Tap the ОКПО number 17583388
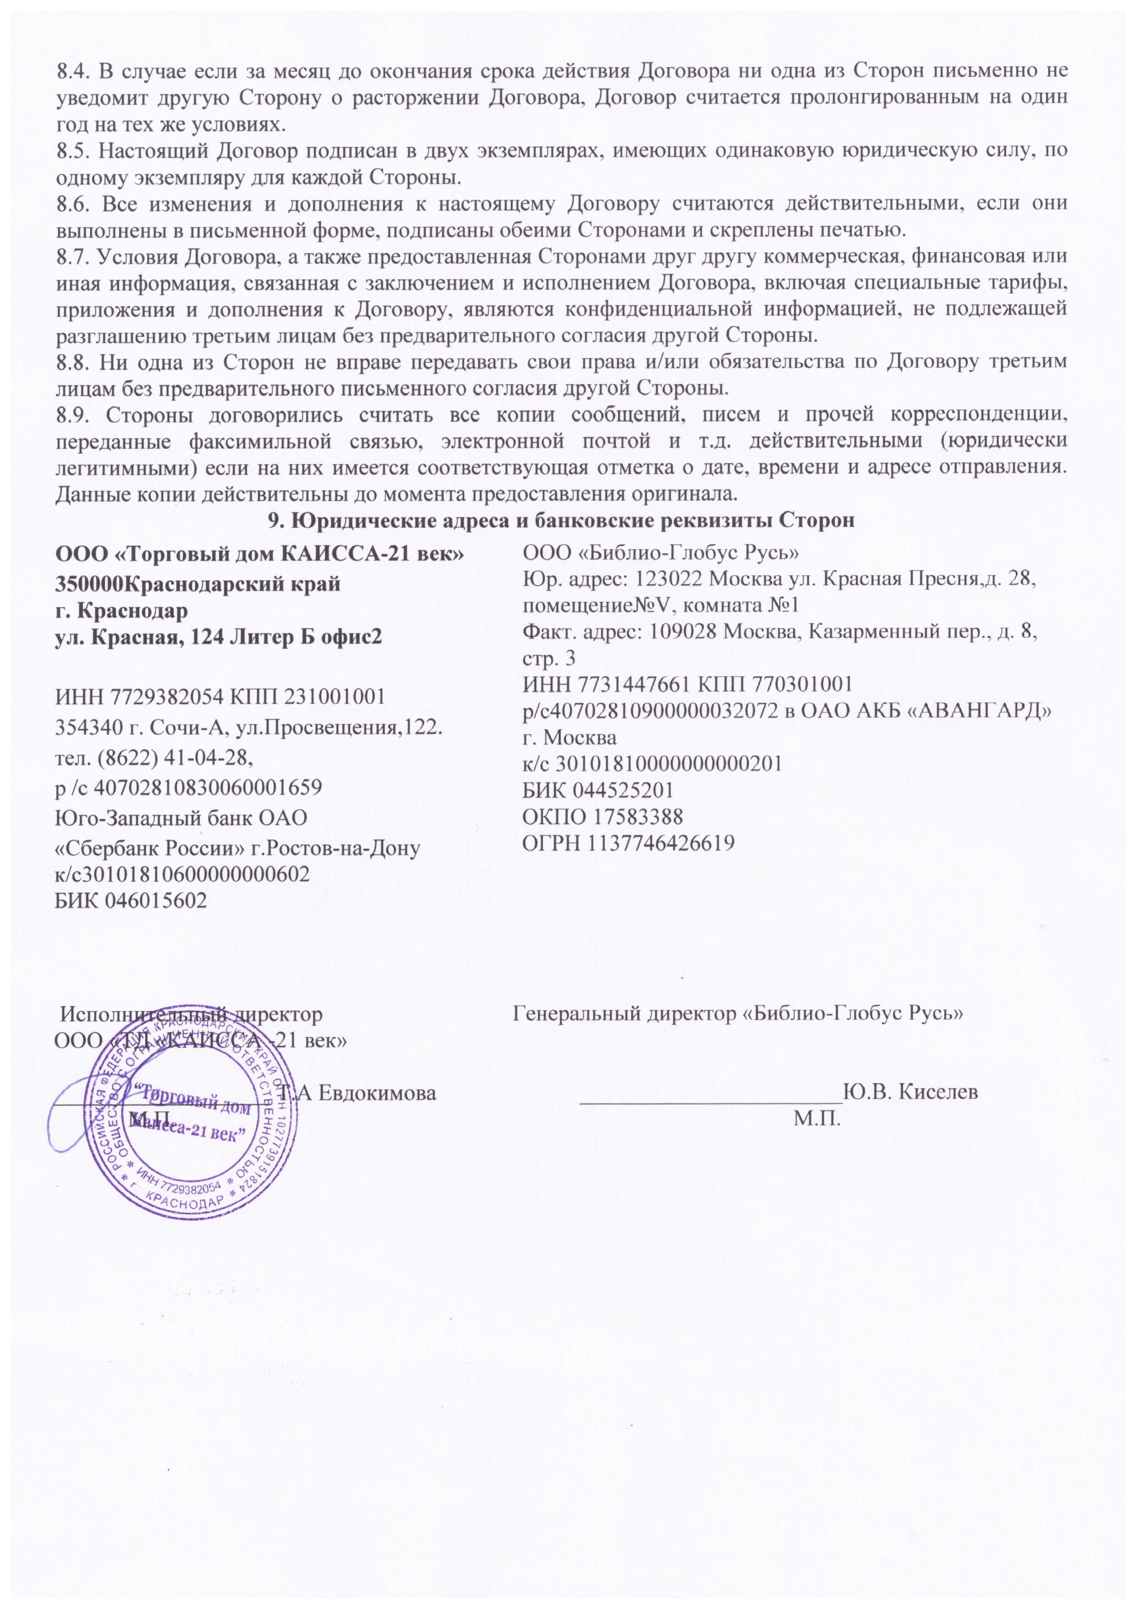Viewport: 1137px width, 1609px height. pos(638,816)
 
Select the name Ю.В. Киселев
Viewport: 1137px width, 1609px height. pos(911,1092)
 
